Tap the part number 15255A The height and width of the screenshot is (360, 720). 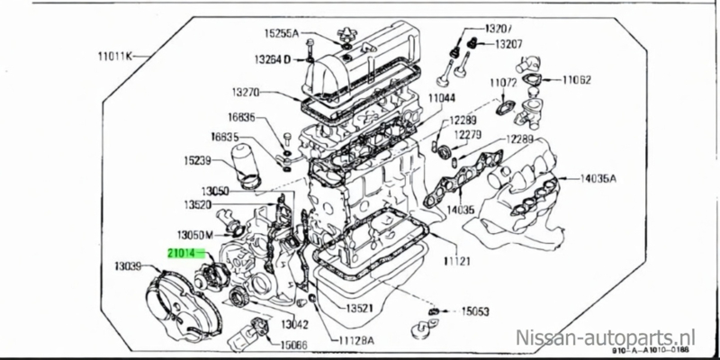tap(283, 32)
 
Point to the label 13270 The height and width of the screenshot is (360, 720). tap(245, 92)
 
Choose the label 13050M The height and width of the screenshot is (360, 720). tap(194, 233)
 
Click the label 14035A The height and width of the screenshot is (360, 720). tap(598, 178)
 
